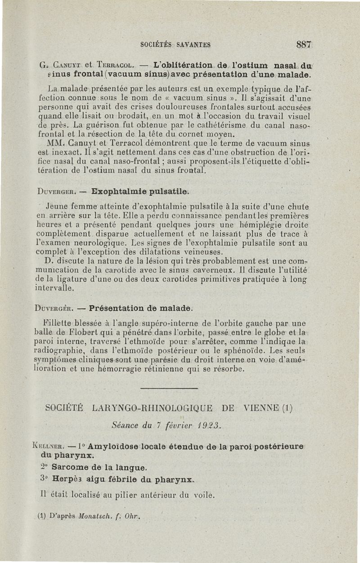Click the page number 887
(x=304, y=45)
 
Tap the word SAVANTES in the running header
(x=194, y=45)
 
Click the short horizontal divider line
(x=169, y=388)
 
